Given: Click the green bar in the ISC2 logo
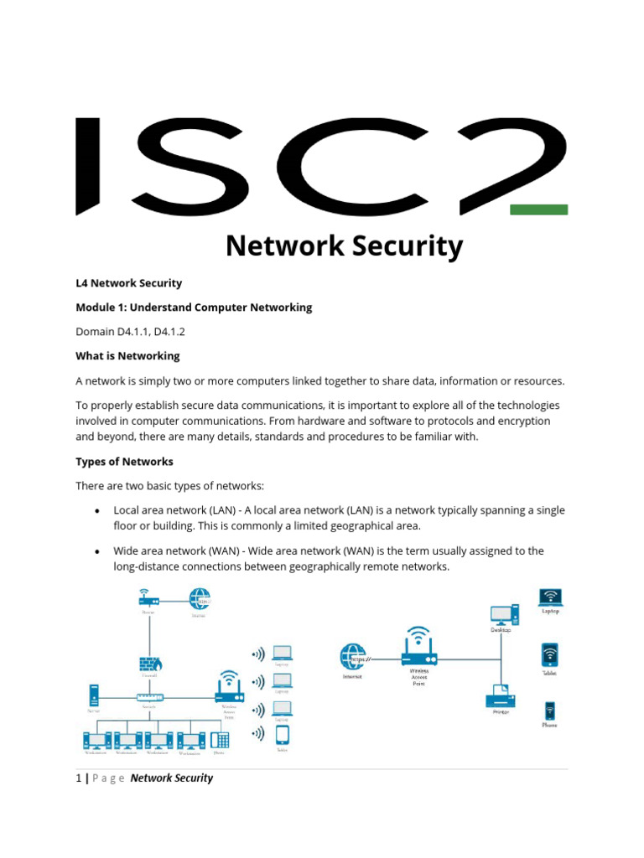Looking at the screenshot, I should [538, 209].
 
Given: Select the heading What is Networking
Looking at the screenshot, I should [127, 356].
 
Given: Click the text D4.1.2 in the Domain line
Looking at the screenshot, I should [169, 332].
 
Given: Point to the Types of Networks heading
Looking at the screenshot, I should [124, 462].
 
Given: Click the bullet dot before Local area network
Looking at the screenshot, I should [98, 511].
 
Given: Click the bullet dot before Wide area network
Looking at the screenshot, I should [98, 551].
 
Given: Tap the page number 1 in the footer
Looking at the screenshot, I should [79, 778].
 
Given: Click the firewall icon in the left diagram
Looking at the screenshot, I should [150, 664].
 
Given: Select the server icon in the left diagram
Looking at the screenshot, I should [94, 695].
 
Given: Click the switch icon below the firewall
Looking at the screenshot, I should [150, 697].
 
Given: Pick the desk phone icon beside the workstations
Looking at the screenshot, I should [220, 740].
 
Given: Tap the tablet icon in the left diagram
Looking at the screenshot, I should [283, 735].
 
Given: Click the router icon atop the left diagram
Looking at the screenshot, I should [148, 597].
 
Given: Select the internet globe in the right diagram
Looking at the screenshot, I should [353, 657].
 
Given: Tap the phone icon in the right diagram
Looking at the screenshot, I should [549, 711].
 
